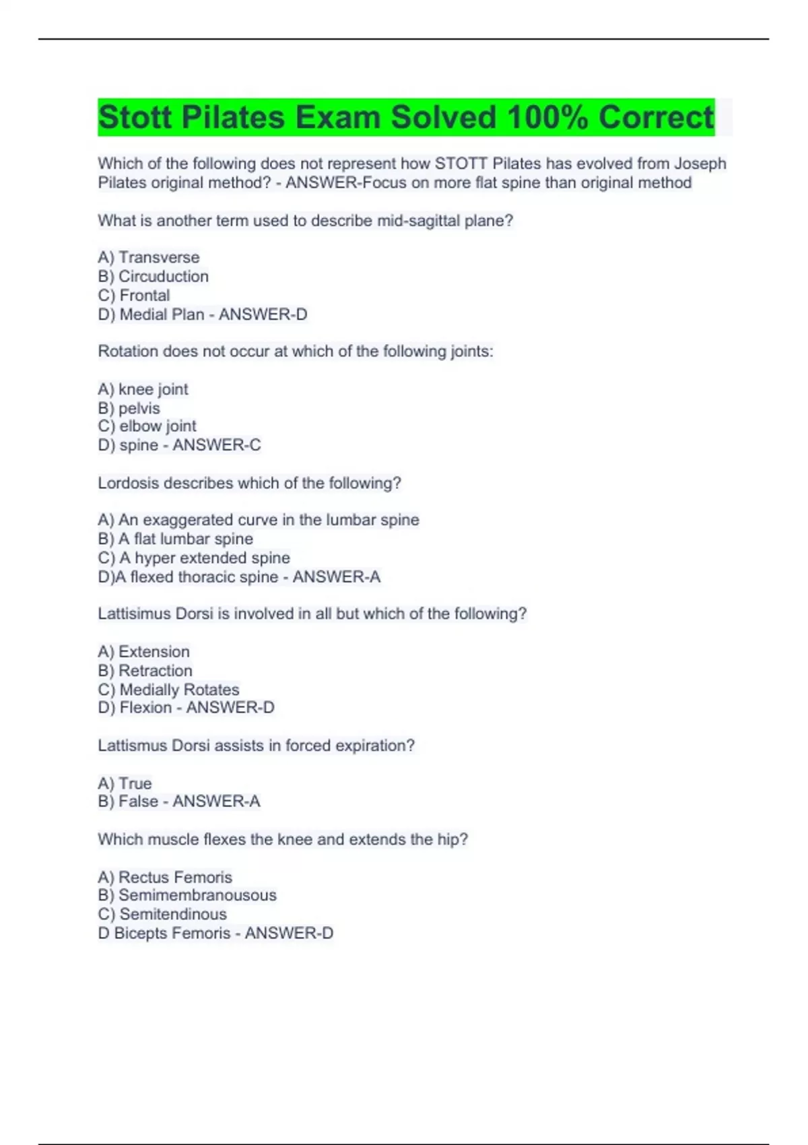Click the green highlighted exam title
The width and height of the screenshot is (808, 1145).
tap(405, 117)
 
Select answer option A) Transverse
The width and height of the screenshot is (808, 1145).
tap(149, 257)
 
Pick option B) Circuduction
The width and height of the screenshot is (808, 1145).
tap(154, 276)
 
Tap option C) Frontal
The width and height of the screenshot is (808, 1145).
tap(134, 295)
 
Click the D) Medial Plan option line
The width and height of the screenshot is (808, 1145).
tap(202, 314)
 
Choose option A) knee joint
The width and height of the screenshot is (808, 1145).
tap(143, 389)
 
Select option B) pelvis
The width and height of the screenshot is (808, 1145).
tap(129, 408)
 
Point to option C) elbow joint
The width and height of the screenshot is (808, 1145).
tap(147, 426)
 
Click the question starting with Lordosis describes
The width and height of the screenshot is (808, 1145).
tap(249, 483)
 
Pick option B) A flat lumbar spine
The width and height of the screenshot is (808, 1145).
tap(175, 539)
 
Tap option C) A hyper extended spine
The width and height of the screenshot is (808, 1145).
tap(194, 558)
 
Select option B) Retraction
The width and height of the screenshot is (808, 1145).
tap(145, 670)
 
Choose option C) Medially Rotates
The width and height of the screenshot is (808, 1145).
tap(168, 689)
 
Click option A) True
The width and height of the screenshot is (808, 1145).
tap(125, 783)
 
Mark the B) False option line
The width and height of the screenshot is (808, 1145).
tap(178, 802)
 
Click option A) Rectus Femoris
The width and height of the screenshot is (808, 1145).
tap(165, 877)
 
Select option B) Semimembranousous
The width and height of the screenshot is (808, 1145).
tap(187, 895)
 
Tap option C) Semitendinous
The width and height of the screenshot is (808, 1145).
tap(162, 914)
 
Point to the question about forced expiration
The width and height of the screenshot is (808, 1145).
tap(256, 746)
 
